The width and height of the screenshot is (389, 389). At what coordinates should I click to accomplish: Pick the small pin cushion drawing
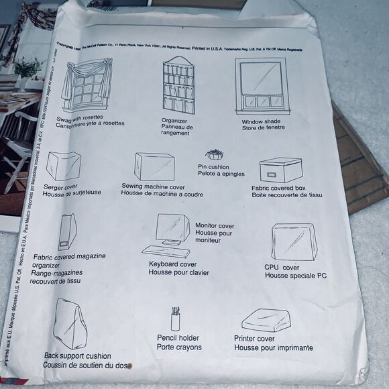214,155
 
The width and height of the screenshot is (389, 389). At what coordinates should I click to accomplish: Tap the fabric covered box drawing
280,170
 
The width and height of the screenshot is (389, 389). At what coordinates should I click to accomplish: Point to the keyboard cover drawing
166,252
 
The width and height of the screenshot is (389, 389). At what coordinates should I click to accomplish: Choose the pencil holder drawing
176,319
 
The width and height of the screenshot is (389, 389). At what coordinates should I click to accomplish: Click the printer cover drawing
266,320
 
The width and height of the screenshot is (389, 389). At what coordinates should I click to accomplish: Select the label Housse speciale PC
295,276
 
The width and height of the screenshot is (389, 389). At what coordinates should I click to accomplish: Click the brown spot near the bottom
131,367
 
